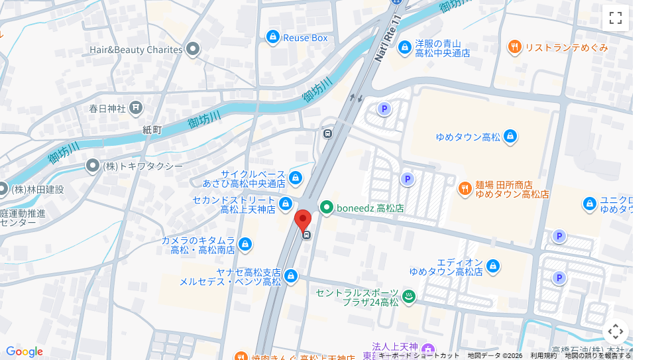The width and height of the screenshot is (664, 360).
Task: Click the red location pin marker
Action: point(303,221)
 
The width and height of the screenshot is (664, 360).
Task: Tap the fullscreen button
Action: point(615,18)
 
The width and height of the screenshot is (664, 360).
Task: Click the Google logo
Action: point(24,352)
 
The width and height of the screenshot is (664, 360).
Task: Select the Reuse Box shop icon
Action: point(272,37)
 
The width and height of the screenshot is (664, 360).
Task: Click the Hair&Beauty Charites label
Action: point(136,50)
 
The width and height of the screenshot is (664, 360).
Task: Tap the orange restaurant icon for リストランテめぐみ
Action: point(514,46)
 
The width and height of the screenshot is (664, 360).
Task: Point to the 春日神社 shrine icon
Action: point(135,107)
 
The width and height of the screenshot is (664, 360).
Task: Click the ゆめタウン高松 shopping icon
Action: point(510,137)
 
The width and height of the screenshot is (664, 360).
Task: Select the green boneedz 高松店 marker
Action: point(326,208)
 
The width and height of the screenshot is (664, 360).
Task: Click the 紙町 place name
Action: point(152,130)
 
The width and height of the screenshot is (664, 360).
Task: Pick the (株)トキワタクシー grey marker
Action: point(93,166)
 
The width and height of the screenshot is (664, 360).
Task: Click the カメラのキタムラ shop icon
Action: point(245,245)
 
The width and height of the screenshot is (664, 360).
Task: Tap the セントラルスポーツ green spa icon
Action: point(408,297)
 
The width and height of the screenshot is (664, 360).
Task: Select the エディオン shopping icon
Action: point(492,267)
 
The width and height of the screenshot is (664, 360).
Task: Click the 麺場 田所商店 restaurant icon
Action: point(465,189)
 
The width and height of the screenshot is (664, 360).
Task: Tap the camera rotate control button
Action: point(615,331)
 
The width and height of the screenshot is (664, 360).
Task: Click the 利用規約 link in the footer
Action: point(543,355)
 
